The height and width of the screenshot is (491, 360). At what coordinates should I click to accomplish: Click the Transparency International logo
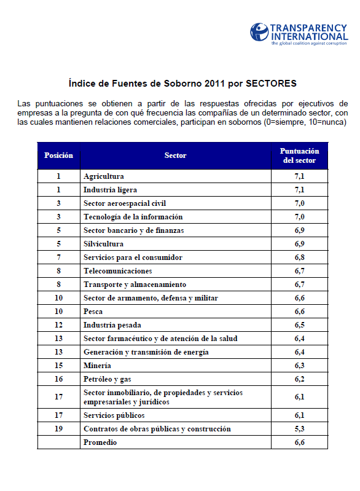(x=297, y=34)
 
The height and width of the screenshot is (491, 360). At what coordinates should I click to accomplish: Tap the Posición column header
(x=58, y=155)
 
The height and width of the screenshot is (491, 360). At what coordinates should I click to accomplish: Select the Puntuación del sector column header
(x=299, y=155)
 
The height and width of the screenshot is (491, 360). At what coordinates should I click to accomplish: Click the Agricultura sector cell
(x=104, y=176)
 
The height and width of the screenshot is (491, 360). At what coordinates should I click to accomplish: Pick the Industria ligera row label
(x=110, y=190)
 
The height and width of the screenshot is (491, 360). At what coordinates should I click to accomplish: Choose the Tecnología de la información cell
(x=133, y=217)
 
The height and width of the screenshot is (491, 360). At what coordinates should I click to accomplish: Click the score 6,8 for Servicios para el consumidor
(x=299, y=257)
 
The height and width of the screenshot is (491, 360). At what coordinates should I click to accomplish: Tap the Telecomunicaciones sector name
(x=117, y=271)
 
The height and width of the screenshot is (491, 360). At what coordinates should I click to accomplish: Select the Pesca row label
(x=93, y=312)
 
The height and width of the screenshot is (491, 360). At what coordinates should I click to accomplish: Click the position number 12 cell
(x=58, y=325)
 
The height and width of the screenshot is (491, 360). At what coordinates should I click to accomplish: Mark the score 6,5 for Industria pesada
(x=299, y=325)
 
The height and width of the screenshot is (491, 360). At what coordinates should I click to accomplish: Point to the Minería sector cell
(x=97, y=366)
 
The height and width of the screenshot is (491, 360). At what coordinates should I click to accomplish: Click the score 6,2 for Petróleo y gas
(x=299, y=379)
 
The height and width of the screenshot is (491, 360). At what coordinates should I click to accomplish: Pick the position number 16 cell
(x=58, y=379)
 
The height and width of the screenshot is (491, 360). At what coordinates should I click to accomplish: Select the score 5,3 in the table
(x=299, y=429)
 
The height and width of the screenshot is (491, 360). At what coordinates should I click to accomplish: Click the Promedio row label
(x=100, y=442)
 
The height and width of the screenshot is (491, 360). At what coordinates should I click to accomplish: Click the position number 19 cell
(x=58, y=429)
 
